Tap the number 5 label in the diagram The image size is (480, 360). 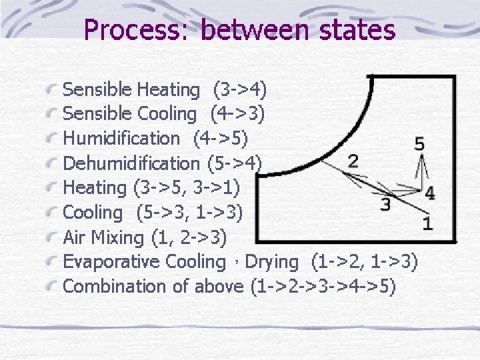click(x=419, y=143)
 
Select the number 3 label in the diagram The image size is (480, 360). click(x=385, y=205)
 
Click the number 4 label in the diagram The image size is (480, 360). click(x=430, y=193)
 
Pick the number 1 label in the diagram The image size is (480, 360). click(x=427, y=223)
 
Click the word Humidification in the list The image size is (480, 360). click(x=121, y=139)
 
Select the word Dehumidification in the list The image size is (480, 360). click(x=131, y=163)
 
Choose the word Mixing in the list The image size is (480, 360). click(x=111, y=237)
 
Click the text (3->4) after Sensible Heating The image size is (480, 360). click(x=239, y=89)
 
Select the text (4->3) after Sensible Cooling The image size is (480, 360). click(x=237, y=114)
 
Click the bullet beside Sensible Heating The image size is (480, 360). click(x=51, y=89)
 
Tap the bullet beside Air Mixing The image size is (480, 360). click(x=51, y=237)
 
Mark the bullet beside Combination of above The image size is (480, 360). click(x=51, y=287)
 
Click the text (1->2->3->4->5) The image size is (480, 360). click(x=323, y=287)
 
